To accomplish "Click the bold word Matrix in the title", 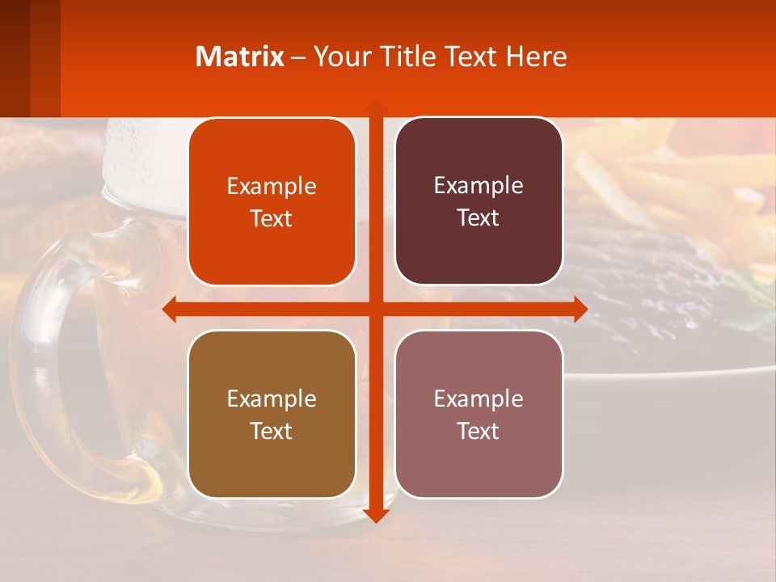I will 240,57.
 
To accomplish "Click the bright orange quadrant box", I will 272,202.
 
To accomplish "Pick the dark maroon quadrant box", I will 479,201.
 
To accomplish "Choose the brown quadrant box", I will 272,415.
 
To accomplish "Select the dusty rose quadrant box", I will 479,414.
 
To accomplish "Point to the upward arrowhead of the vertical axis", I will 375,106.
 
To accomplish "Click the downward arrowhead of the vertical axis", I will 375,515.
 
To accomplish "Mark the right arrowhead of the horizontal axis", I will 580,310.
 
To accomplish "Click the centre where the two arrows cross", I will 375,310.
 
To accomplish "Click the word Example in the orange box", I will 272,187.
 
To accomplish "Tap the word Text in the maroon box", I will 478,218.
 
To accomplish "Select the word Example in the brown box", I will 272,399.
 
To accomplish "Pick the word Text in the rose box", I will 478,431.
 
